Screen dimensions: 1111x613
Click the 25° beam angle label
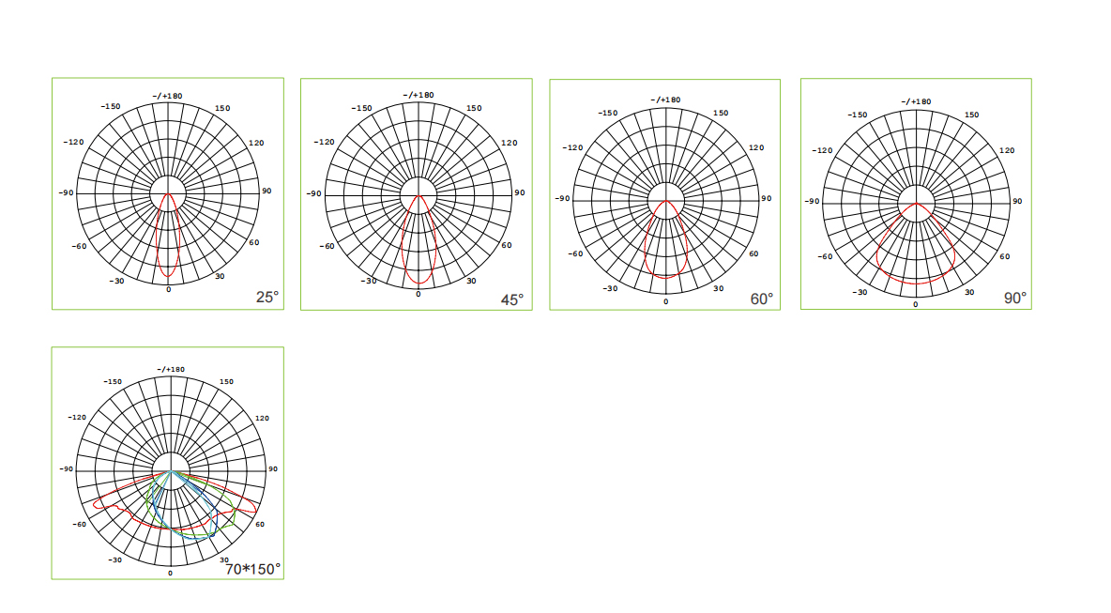(267, 298)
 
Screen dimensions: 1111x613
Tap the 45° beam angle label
(512, 300)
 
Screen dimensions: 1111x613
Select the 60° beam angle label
(762, 299)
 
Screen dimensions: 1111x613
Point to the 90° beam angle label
(1015, 299)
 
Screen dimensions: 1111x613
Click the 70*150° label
(253, 569)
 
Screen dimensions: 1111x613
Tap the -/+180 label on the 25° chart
(167, 96)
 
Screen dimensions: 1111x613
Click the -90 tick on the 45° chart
(314, 193)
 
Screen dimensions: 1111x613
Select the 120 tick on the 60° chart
(756, 147)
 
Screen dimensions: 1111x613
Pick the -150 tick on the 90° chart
(858, 115)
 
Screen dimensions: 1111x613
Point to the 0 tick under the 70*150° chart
(170, 573)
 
